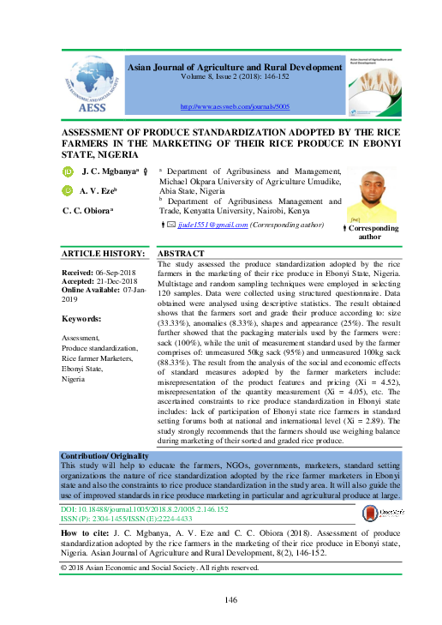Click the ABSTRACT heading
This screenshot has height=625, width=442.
[x=182, y=254]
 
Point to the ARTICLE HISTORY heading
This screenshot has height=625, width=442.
[x=104, y=254]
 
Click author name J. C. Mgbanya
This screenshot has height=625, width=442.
[x=111, y=172]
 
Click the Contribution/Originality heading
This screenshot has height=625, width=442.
[x=107, y=454]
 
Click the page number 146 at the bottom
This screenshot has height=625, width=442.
[x=230, y=600]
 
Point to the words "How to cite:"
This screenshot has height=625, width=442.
[x=87, y=533]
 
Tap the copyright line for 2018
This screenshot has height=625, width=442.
[x=159, y=568]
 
